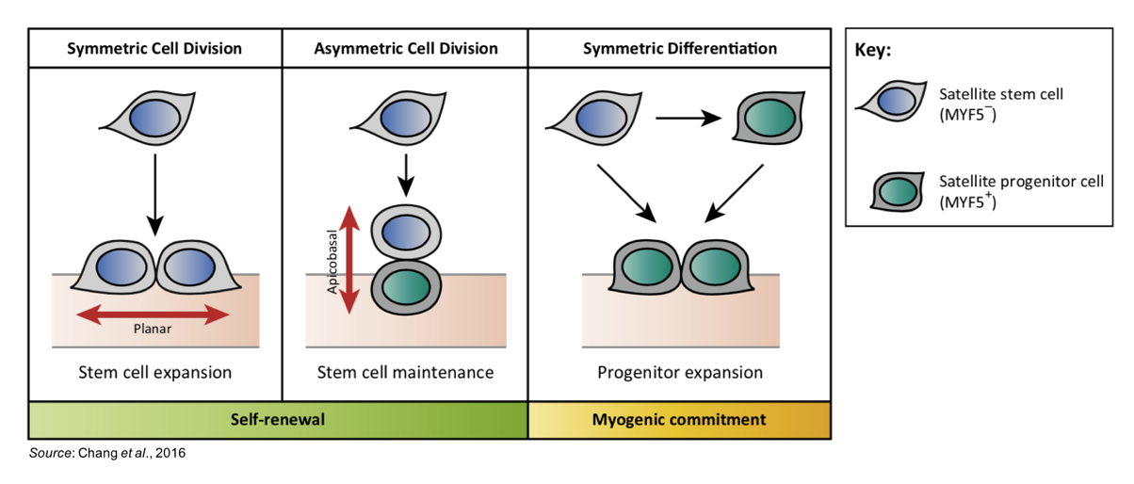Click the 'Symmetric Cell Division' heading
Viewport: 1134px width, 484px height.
pos(154,48)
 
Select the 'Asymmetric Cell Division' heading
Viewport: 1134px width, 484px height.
pos(406,48)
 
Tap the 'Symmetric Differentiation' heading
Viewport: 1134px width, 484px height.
pos(680,48)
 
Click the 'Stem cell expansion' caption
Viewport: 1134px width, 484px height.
pos(154,372)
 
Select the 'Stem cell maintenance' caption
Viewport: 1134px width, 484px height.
pos(405,372)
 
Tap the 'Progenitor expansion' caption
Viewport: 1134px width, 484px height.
pos(680,372)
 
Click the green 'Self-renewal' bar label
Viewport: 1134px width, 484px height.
pos(278,419)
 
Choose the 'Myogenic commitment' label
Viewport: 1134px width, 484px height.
pos(679,419)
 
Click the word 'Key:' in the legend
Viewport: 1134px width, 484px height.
pos(872,51)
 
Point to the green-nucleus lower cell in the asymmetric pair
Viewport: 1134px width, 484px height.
pos(405,285)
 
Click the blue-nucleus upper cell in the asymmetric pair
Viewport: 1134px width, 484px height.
pos(405,232)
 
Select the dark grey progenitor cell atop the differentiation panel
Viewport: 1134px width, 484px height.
pos(766,119)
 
